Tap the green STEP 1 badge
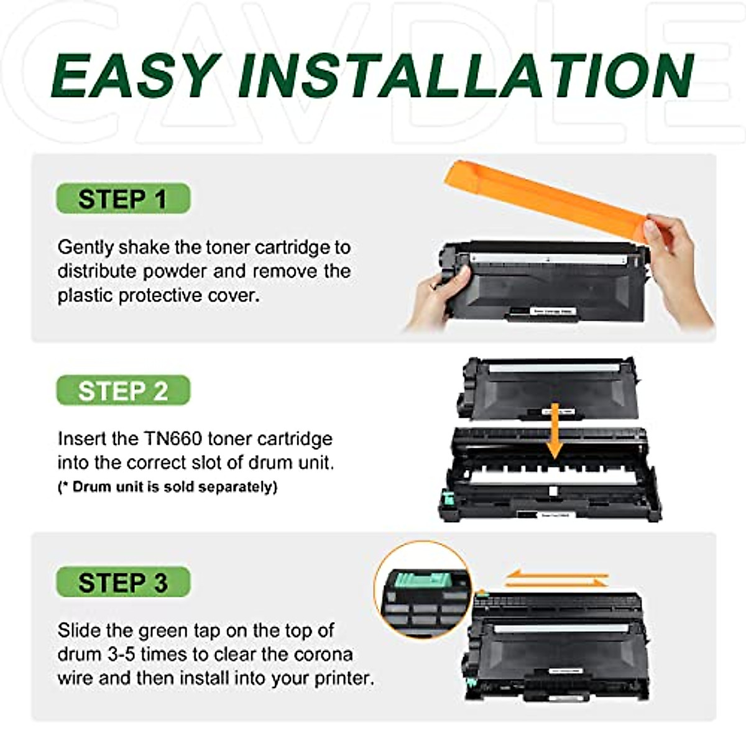(x=122, y=199)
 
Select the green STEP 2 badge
(x=122, y=391)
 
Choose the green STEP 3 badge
(x=122, y=583)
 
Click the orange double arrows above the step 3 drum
(x=556, y=579)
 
